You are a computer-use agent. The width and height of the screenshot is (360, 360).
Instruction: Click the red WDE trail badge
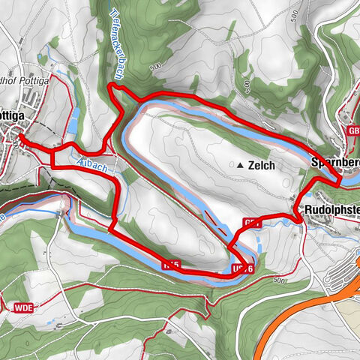(x=22, y=306)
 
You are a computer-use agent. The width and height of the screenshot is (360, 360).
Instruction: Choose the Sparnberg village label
(x=334, y=162)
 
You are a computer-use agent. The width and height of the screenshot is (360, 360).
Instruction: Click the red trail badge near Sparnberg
(x=353, y=131)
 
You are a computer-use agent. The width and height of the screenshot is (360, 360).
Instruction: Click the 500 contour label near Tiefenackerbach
(x=155, y=67)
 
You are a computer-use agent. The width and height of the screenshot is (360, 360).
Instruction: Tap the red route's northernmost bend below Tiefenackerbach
(x=112, y=87)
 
